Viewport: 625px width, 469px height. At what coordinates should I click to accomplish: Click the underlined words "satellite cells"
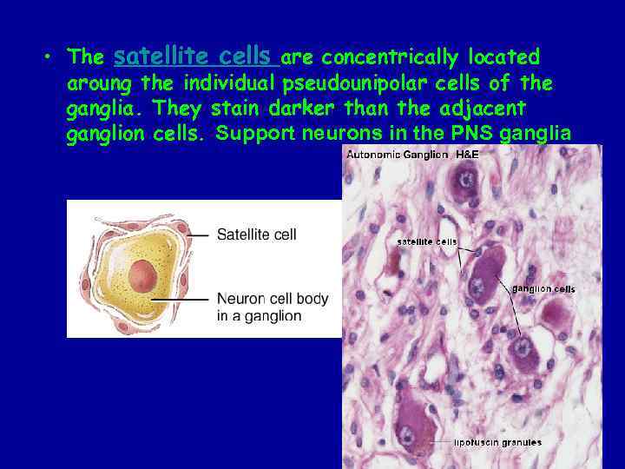[x=195, y=57]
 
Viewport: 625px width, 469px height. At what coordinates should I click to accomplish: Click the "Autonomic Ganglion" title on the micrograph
[x=398, y=155]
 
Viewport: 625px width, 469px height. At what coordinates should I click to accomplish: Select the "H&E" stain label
[x=468, y=155]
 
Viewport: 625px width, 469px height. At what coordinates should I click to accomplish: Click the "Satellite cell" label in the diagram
[x=256, y=234]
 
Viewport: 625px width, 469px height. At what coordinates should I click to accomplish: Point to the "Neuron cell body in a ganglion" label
[x=272, y=307]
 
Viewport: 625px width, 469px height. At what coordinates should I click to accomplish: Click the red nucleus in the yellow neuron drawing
[x=143, y=277]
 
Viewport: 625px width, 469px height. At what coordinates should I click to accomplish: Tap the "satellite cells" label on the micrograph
[x=427, y=241]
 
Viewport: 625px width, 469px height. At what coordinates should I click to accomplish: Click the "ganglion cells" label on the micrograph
[x=543, y=288]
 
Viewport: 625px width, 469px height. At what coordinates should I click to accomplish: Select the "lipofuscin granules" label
[x=498, y=442]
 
